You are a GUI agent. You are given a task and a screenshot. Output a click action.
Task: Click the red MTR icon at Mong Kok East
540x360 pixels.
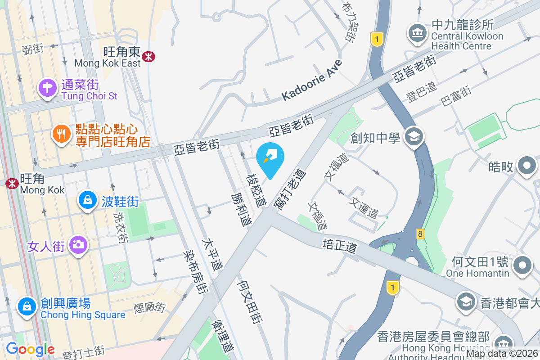click(148, 56)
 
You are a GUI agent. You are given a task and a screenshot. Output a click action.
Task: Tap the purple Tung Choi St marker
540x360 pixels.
click(47, 87)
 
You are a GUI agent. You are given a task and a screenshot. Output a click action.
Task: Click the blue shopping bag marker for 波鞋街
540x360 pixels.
click(88, 199)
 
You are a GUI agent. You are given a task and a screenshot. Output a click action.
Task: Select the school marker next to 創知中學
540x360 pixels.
click(414, 136)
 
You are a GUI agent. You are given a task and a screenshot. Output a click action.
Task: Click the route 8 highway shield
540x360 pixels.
click(420, 234)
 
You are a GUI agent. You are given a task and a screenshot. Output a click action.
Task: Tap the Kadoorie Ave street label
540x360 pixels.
click(312, 81)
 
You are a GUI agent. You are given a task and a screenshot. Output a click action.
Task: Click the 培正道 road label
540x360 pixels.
click(340, 246)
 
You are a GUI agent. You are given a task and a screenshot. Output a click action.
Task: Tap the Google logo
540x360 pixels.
click(30, 349)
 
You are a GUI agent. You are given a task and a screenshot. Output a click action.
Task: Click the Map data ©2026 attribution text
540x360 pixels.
click(501, 354)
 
